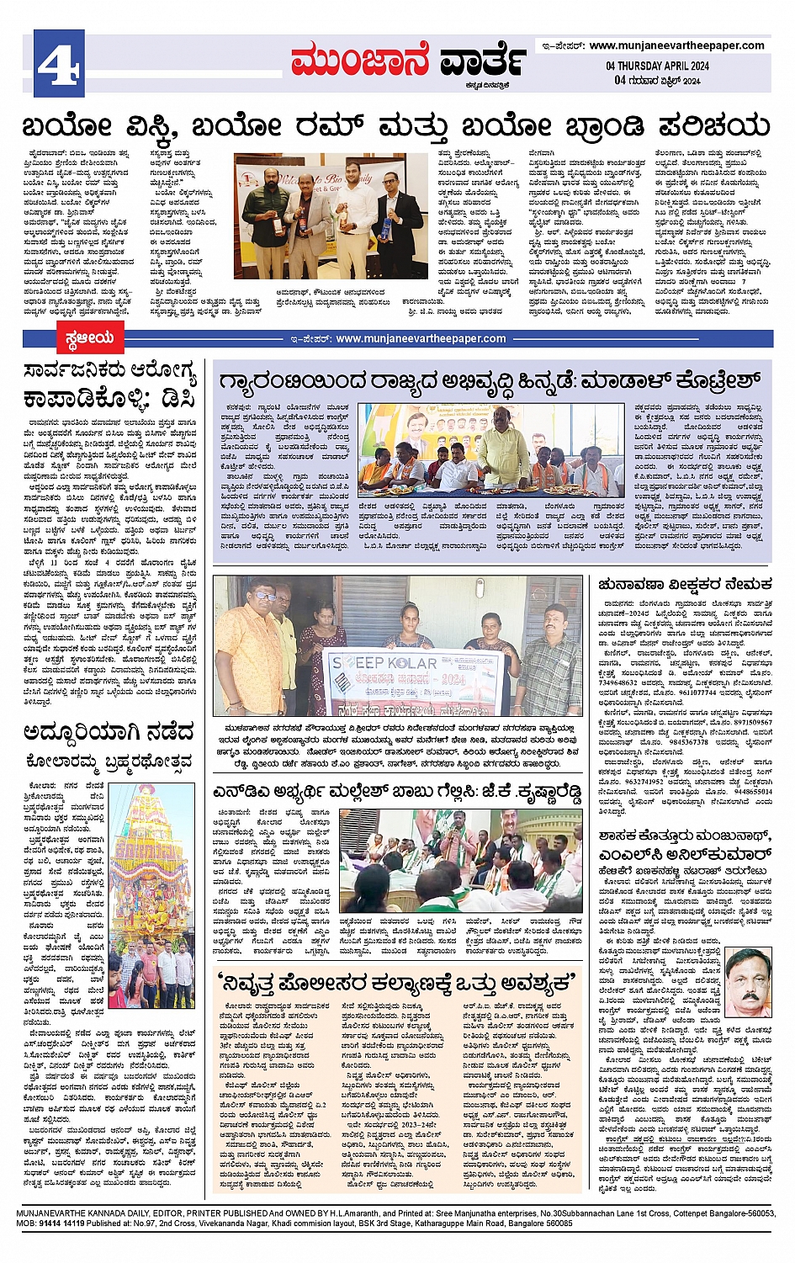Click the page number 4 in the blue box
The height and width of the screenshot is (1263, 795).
[59, 63]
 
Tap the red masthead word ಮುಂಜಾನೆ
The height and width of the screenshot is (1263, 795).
[360, 61]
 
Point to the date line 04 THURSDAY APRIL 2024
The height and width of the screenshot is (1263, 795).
[657, 66]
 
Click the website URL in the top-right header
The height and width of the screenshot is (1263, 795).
[676, 45]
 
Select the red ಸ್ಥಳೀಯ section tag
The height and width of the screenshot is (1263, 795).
[89, 339]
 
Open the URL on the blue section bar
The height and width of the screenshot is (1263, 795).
[421, 339]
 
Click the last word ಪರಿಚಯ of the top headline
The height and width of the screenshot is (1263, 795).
[714, 126]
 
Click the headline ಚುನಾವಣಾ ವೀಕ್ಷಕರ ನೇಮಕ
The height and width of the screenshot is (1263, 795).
[685, 584]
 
